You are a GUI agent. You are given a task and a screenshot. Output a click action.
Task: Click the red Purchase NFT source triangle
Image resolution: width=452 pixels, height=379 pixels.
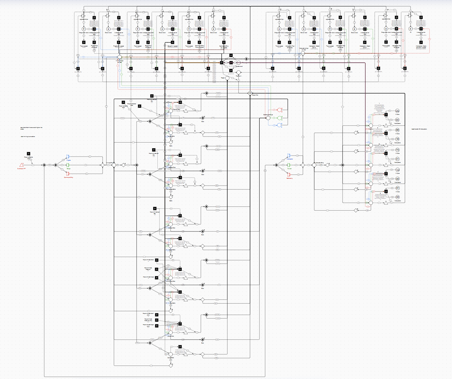click(x=22, y=165)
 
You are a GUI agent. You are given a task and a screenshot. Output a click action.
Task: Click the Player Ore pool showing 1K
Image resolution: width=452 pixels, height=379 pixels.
click(x=250, y=93)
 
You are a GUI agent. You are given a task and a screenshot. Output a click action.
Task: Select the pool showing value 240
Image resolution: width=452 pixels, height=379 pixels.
click(x=397, y=111)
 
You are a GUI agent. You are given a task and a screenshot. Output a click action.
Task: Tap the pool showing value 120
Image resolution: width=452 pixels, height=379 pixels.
click(x=397, y=170)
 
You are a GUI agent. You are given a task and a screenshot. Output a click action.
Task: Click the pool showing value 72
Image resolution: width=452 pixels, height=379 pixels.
click(x=397, y=150)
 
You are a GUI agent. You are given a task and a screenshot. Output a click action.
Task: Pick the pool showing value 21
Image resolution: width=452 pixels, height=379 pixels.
click(x=397, y=159)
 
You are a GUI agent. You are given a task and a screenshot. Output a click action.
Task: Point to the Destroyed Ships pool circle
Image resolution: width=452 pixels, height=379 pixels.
click(x=268, y=118)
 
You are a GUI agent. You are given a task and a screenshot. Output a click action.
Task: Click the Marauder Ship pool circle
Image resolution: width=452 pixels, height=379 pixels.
click(x=314, y=165)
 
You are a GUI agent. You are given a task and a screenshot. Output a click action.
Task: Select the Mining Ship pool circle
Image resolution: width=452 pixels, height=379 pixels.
click(x=114, y=165)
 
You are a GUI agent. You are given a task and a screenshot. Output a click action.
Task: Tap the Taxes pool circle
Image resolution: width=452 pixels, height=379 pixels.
click(x=227, y=78)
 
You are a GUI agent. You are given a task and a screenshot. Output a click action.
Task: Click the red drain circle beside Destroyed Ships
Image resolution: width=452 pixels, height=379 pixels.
click(x=279, y=110)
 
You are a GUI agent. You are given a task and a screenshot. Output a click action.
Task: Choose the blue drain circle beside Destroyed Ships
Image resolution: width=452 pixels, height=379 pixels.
click(x=279, y=125)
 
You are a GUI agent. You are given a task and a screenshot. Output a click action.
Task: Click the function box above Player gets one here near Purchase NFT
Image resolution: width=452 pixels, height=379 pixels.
click(x=29, y=153)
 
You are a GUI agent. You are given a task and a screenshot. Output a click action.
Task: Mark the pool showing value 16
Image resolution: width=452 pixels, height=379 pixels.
click(x=397, y=139)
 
